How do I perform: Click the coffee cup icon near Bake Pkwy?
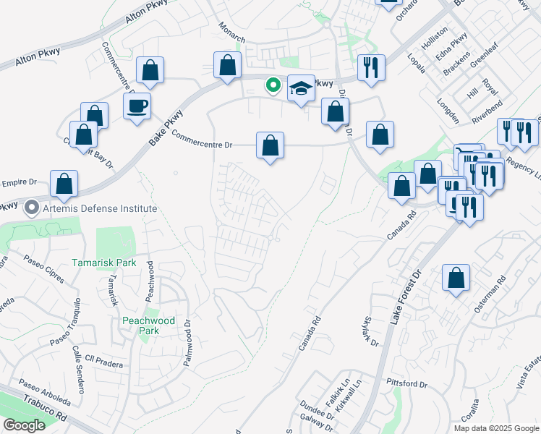coord(137,107)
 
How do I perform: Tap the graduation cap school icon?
coord(302,89)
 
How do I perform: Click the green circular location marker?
coord(273,85)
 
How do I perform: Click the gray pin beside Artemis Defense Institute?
coord(31,208)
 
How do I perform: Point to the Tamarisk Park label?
coord(103,263)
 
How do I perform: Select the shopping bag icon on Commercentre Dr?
coord(270,146)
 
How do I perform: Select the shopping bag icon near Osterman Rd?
coord(456,278)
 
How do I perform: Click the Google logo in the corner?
coord(23,425)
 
